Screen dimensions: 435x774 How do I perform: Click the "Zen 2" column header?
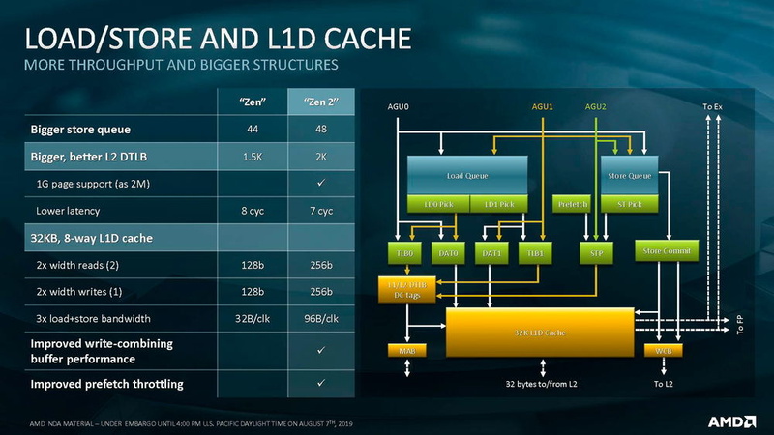(321, 101)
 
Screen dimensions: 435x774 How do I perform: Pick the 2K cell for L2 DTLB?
(321, 156)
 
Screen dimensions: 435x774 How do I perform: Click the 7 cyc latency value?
(321, 210)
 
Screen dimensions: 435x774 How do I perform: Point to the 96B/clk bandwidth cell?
(321, 318)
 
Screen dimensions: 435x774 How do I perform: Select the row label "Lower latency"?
(72, 210)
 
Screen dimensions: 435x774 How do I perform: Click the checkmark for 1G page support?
(321, 183)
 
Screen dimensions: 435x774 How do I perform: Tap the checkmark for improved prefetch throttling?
(321, 385)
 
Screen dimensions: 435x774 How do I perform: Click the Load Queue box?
(466, 176)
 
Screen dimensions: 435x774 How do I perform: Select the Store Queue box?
(629, 176)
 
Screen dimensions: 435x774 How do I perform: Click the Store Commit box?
(668, 251)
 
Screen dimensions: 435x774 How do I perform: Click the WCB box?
(663, 350)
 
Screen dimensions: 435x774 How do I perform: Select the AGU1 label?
(543, 106)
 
